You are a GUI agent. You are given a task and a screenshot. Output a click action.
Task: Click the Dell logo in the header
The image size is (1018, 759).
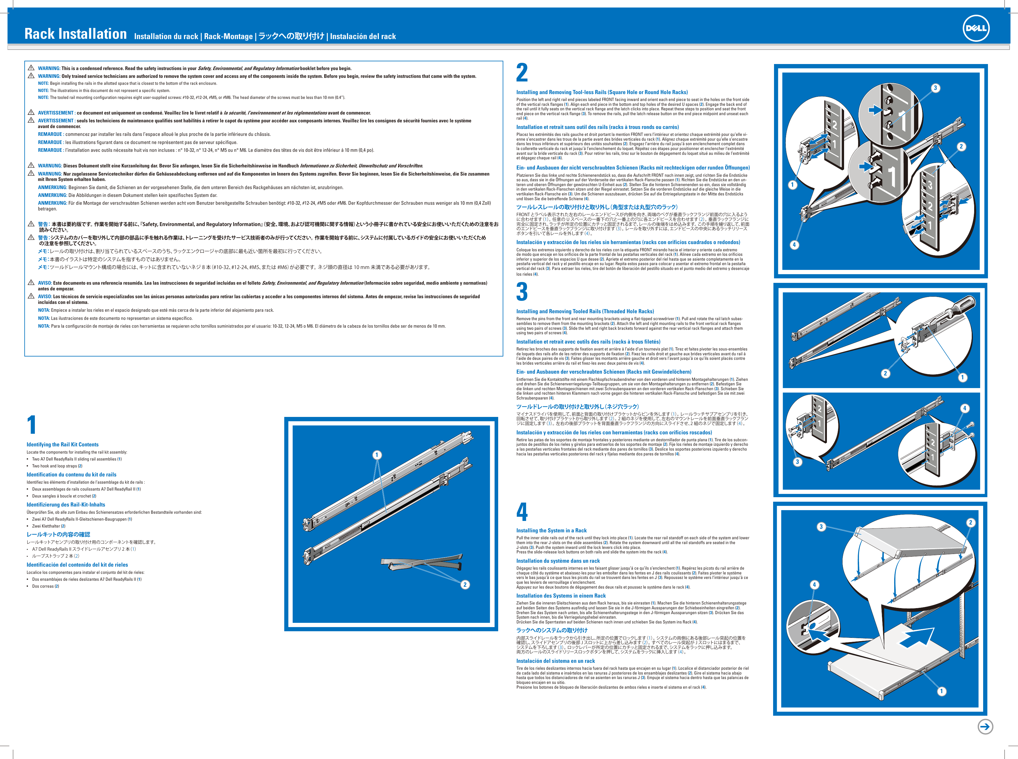[975, 28]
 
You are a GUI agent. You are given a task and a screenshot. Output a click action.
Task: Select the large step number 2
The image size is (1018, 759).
[522, 73]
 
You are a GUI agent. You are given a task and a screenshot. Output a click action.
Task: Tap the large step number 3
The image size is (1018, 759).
[522, 292]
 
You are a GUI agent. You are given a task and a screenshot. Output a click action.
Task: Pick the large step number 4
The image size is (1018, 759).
[522, 512]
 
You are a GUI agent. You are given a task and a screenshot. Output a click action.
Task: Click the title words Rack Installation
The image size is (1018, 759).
[75, 34]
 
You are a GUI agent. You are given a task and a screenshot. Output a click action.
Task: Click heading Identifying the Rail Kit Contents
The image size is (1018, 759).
[62, 444]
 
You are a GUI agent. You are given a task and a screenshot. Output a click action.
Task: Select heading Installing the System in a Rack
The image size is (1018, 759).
[551, 530]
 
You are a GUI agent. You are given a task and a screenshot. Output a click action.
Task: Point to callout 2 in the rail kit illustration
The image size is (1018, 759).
[465, 584]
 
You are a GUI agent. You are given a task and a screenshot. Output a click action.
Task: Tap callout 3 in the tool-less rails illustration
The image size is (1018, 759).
[935, 88]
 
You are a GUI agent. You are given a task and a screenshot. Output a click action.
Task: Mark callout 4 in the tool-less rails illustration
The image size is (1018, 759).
[794, 244]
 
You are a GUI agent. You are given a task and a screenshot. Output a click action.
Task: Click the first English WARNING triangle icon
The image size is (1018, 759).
[31, 68]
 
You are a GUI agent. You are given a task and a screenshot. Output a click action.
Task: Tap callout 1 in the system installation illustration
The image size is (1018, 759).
[941, 691]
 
